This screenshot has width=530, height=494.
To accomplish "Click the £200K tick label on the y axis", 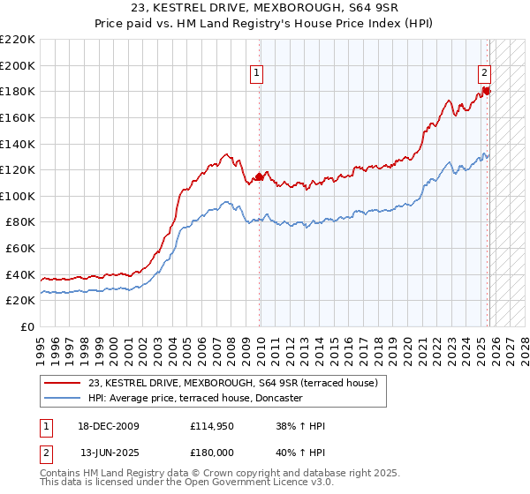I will pyautogui.click(x=18, y=65).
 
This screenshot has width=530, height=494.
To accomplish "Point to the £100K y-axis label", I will pyautogui.click(x=18, y=196).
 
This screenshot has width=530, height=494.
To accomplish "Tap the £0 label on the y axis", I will pyautogui.click(x=27, y=327).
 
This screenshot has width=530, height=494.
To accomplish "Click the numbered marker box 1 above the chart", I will pyautogui.click(x=256, y=74).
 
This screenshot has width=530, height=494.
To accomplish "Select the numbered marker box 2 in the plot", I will pyautogui.click(x=485, y=74).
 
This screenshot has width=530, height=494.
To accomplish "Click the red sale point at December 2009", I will pyautogui.click(x=259, y=176).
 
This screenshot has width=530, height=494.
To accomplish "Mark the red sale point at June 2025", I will pyautogui.click(x=486, y=91).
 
